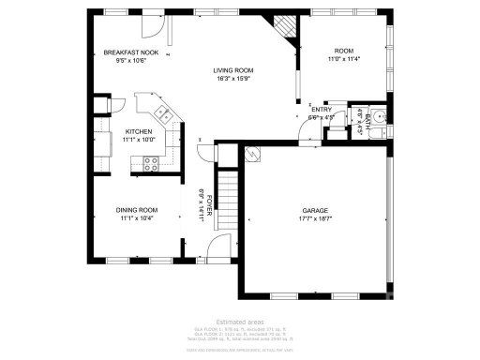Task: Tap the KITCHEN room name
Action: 139,131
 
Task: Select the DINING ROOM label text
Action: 136,210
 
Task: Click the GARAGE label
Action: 314,210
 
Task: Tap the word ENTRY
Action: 322,110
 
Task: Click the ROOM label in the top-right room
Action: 344,50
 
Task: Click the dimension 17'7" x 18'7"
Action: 314,218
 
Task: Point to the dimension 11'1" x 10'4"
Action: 136,218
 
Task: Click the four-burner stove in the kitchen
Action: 150,163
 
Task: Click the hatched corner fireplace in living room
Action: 281,25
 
